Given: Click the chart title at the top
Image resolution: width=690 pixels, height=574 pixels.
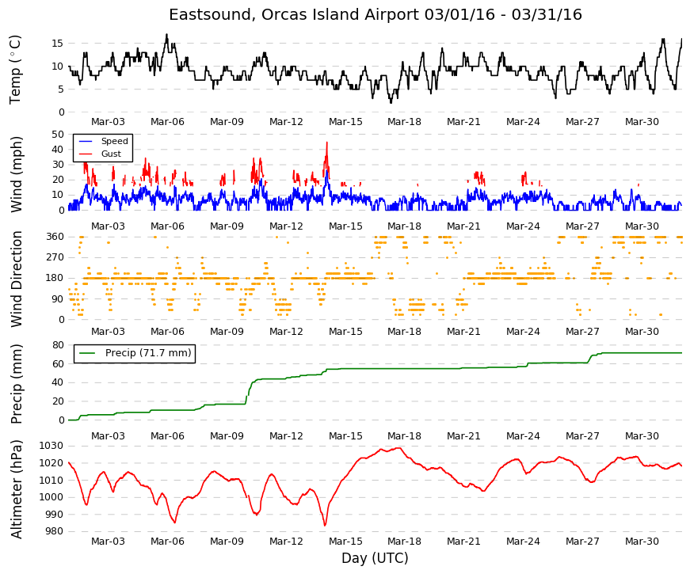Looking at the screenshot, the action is click(x=375, y=14).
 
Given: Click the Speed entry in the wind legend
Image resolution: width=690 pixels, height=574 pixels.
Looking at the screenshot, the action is click(x=114, y=141).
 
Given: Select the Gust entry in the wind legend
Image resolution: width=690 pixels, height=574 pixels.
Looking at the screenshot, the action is click(x=111, y=154).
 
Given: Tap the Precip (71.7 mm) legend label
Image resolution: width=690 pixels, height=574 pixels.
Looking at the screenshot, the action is click(x=148, y=353).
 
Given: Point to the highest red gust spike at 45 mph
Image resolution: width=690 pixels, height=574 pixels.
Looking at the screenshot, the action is click(x=327, y=143).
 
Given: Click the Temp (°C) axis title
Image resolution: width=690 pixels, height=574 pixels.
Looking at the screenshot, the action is click(x=15, y=70).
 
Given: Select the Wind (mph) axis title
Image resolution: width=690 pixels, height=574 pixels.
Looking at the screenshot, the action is click(x=16, y=175).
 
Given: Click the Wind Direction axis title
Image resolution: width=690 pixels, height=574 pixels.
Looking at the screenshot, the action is click(x=16, y=279).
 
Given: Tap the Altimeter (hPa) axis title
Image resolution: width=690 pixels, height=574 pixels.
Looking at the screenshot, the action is click(x=16, y=488).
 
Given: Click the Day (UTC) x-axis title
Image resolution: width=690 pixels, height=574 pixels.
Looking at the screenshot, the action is click(x=375, y=558).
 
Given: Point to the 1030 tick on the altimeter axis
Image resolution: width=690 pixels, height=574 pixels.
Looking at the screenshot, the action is click(x=51, y=446).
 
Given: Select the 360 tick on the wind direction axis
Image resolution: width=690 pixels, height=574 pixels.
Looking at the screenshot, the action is click(x=55, y=237).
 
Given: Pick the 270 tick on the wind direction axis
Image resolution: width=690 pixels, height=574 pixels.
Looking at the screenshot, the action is click(x=55, y=257).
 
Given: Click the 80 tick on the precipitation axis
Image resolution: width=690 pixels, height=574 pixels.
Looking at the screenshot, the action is click(x=58, y=345).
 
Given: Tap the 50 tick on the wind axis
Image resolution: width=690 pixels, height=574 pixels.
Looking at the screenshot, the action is click(x=58, y=134).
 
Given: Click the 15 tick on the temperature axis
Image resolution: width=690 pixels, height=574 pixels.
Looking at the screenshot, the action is click(x=58, y=43).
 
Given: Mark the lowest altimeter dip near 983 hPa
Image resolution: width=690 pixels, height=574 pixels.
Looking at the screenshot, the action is click(x=326, y=525).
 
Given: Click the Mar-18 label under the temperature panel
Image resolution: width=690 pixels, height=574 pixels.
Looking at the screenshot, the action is click(x=404, y=122).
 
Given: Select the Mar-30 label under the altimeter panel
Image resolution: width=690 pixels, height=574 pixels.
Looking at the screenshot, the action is click(x=642, y=542).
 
